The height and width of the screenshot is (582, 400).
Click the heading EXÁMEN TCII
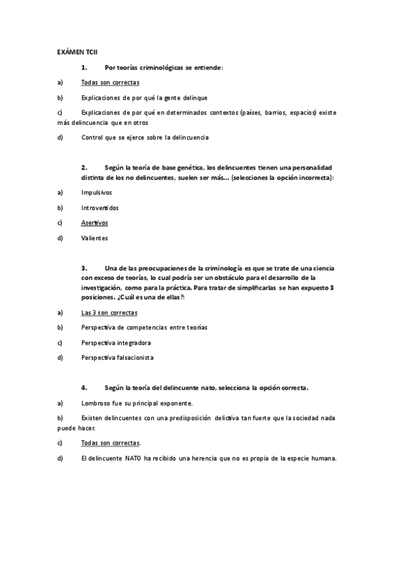[x=77, y=51]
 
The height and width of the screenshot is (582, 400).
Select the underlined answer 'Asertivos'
[x=94, y=222]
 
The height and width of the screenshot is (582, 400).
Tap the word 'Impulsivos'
[x=96, y=193]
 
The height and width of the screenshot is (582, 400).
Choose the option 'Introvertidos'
[x=100, y=207]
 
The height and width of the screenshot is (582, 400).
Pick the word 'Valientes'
[x=95, y=237]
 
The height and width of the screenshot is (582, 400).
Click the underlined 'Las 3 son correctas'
[x=109, y=312]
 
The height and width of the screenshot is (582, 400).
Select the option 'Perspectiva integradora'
[x=115, y=342]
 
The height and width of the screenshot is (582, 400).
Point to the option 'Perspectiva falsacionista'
[x=117, y=358]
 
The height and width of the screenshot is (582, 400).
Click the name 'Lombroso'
[x=96, y=403]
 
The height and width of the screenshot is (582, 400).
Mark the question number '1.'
[x=85, y=67]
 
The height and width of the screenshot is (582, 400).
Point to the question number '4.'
[x=85, y=388]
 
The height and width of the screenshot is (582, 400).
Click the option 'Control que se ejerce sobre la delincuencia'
[x=144, y=137]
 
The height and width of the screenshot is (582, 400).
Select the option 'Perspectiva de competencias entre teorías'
[x=144, y=327]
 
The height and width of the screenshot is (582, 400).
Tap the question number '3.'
[x=85, y=268]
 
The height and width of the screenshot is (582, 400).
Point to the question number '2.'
[x=85, y=167]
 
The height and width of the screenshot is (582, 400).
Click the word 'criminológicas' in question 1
[x=159, y=67]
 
